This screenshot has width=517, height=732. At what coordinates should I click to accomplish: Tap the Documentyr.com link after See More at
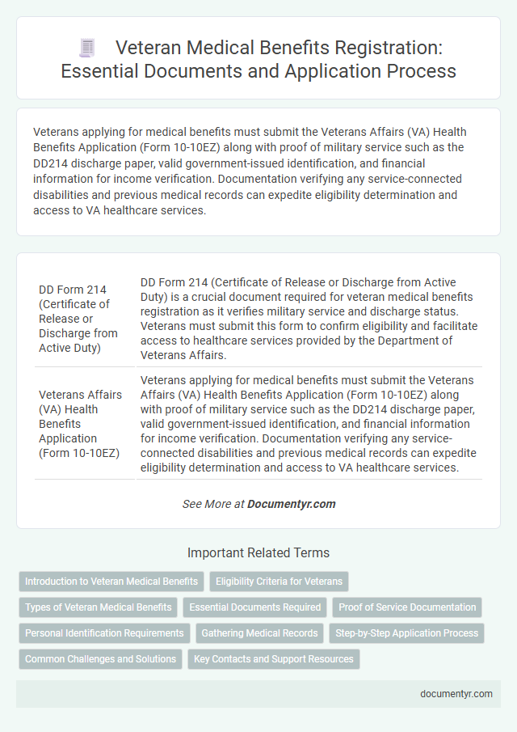291,504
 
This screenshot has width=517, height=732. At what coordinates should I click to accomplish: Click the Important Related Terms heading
258,553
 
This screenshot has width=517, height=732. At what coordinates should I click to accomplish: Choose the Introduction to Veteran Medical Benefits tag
111,582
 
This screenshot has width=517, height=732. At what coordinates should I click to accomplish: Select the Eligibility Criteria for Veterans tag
279,582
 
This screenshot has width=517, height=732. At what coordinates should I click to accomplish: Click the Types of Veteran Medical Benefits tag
98,607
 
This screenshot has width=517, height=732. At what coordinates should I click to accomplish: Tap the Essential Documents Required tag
254,607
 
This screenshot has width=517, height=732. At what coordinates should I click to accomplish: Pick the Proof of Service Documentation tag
407,607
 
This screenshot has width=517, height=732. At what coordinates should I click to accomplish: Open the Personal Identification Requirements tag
104,633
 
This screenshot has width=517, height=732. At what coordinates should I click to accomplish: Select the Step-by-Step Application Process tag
406,633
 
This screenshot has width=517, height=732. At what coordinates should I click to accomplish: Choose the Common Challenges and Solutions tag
100,659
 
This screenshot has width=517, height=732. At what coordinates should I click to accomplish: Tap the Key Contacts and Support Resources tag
273,659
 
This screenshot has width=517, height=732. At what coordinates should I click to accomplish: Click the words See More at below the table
213,504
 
